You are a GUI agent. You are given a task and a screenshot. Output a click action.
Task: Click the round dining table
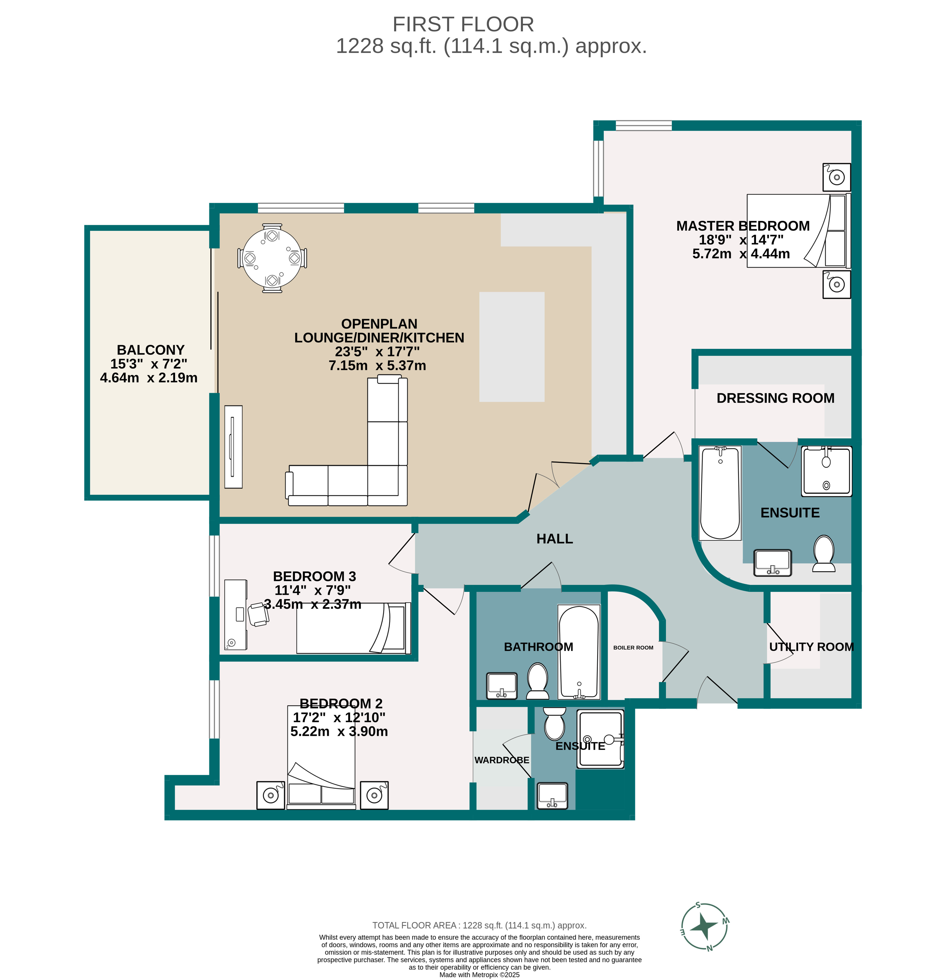pyautogui.click(x=272, y=258)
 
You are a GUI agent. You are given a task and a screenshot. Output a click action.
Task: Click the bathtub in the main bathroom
pyautogui.click(x=579, y=652)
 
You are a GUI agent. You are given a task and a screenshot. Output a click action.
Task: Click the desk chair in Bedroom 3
pyautogui.click(x=258, y=614)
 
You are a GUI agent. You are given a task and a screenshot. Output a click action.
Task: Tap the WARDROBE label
pyautogui.click(x=501, y=760)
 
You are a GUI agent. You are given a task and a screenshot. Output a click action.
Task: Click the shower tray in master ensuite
pyautogui.click(x=826, y=471)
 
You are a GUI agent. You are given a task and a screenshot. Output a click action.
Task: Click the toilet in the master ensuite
pyautogui.click(x=824, y=553)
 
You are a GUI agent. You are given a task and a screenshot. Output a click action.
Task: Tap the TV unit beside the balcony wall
pyautogui.click(x=233, y=447)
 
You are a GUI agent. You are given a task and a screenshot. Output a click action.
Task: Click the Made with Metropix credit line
pyautogui.click(x=479, y=974)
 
